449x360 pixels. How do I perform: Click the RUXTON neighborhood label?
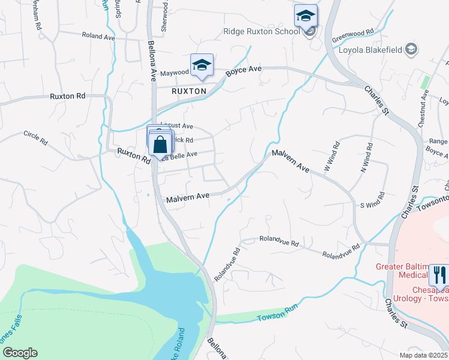[189, 91]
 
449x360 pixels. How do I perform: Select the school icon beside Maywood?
[202, 66]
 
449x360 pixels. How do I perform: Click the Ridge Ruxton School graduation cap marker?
[306, 16]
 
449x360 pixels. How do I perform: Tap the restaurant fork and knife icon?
[440, 275]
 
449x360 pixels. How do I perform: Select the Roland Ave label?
[98, 37]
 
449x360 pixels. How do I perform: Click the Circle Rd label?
[35, 139]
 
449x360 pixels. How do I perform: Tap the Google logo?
[19, 353]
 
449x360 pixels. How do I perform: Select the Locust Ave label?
[178, 127]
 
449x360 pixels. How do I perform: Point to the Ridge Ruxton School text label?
[261, 31]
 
